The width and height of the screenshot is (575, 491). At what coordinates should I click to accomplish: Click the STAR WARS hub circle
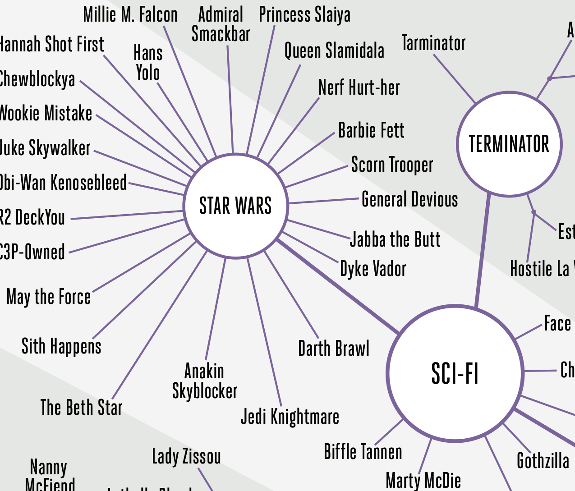tap(235, 206)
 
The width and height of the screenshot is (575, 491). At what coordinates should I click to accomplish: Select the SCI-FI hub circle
tap(455, 373)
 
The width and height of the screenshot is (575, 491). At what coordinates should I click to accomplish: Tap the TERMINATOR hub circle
tap(509, 144)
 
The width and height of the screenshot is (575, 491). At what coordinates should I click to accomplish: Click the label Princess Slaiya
tap(304, 15)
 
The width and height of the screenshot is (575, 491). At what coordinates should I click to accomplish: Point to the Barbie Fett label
tap(371, 130)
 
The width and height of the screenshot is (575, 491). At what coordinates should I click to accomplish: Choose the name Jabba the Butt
tap(395, 239)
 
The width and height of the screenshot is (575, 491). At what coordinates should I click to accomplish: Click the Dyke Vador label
tap(373, 269)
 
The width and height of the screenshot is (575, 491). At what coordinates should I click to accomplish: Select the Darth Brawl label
tap(334, 349)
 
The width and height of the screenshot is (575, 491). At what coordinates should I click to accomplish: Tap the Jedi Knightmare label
tap(290, 417)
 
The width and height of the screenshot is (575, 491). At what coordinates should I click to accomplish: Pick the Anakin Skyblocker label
tap(205, 381)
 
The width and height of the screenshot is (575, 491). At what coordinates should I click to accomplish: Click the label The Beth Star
tap(81, 407)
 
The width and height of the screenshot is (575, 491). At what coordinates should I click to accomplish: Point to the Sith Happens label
tap(61, 346)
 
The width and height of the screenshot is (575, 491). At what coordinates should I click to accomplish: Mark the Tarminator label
tap(433, 43)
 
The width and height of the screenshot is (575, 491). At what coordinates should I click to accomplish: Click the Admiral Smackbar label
tap(221, 24)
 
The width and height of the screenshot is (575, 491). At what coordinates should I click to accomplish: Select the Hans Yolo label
tap(148, 63)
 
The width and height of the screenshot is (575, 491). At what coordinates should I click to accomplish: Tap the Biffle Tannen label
tap(363, 452)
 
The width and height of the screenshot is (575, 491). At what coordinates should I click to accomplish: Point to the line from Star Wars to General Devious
tap(324, 201)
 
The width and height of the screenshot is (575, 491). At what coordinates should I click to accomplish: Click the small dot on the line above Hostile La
tap(534, 212)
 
